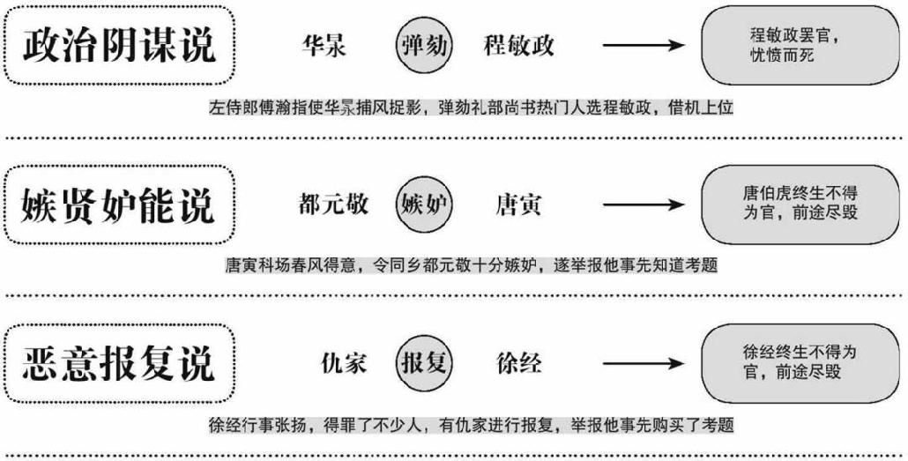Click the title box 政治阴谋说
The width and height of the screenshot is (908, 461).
[120, 45]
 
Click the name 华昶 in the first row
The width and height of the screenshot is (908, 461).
[324, 46]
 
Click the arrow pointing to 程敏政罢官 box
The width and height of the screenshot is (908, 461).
[644, 46]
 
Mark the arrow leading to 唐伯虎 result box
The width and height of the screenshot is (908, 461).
[644, 204]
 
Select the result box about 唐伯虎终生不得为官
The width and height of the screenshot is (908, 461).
[800, 204]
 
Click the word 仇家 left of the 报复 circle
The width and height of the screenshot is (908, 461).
[344, 363]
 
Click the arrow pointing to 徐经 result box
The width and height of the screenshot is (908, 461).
[644, 363]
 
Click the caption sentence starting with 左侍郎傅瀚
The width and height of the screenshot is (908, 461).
[472, 108]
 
